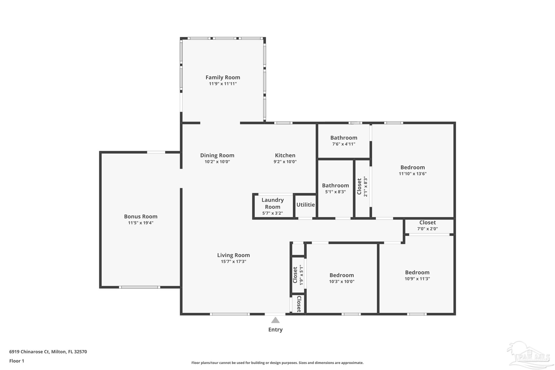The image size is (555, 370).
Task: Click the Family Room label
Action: click(223, 78)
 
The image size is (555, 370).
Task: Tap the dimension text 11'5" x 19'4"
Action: click(141, 223)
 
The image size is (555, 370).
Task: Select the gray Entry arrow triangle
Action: click(275, 320)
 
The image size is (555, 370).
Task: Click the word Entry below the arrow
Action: click(275, 330)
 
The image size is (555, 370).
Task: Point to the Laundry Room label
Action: click(273, 203)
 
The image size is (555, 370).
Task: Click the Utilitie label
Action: click(305, 205)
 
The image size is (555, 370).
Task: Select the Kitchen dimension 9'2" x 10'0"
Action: click(285, 162)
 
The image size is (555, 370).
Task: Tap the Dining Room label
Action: click(217, 155)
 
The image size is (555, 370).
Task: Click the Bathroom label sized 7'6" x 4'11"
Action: click(344, 138)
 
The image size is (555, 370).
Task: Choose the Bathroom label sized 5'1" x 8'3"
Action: click(335, 185)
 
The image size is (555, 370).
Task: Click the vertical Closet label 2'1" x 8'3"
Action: click(359, 186)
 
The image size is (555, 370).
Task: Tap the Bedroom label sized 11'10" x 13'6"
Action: click(412, 167)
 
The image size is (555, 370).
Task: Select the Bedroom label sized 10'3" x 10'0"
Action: click(341, 275)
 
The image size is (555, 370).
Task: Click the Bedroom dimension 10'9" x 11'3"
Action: click(417, 279)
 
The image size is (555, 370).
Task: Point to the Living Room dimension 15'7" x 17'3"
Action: click(233, 262)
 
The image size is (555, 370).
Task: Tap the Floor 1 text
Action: click(17, 361)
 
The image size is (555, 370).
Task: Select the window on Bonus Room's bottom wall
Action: click(140, 287)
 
